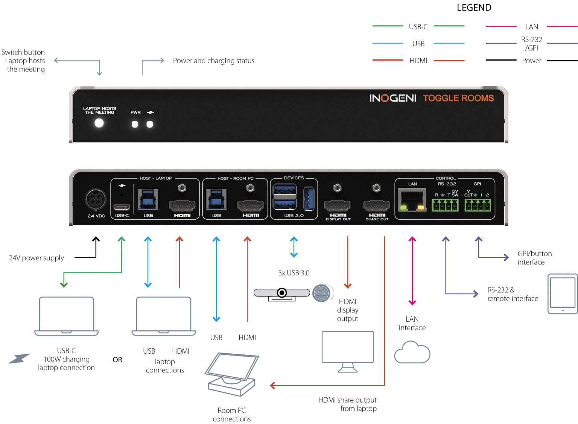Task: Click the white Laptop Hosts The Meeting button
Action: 99,123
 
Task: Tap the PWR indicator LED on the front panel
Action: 135,125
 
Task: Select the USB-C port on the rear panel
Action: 122,207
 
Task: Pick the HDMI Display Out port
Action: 338,206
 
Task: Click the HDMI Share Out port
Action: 377,206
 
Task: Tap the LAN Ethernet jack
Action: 412,200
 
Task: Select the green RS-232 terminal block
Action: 445,205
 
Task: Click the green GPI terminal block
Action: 478,205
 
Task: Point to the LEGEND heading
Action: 474,8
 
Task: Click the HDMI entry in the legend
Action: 418,61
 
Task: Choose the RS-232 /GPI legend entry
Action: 531,44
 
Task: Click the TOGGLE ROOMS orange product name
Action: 458,98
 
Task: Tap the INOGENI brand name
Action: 392,98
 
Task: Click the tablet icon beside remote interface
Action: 562,294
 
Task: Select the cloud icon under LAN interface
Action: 412,353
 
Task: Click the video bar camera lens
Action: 281,293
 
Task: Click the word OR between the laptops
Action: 117,360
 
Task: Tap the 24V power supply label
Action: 37,258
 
